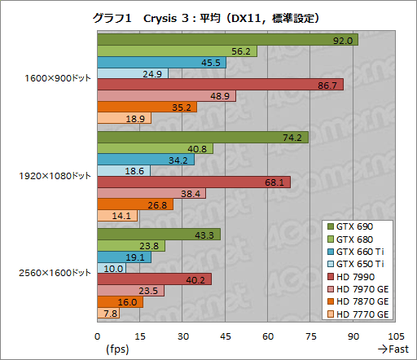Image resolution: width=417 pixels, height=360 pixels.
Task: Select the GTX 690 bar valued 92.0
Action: coord(227,40)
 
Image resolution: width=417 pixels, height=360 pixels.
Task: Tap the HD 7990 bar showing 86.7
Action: coord(220,85)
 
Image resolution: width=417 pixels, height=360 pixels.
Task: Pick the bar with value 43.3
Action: coord(159,235)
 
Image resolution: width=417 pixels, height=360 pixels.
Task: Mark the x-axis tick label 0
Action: coord(98,336)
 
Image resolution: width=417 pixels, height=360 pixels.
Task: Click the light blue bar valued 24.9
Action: coord(132,73)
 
